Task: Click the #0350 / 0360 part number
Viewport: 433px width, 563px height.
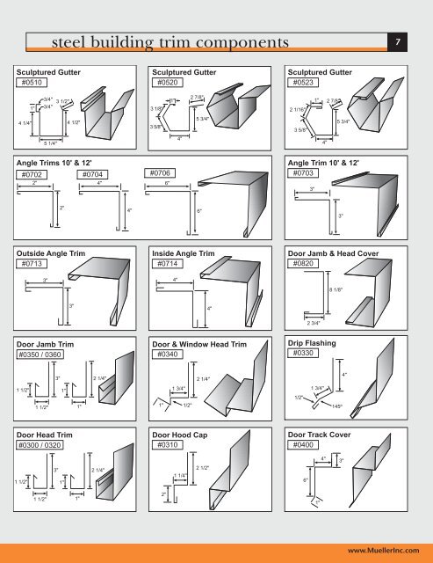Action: click(x=46, y=355)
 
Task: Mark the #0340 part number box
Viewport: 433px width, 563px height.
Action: click(x=170, y=355)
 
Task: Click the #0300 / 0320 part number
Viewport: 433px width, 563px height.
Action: click(x=46, y=446)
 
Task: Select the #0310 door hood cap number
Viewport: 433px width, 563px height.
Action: click(x=170, y=446)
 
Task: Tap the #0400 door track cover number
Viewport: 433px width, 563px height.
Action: click(x=307, y=446)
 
